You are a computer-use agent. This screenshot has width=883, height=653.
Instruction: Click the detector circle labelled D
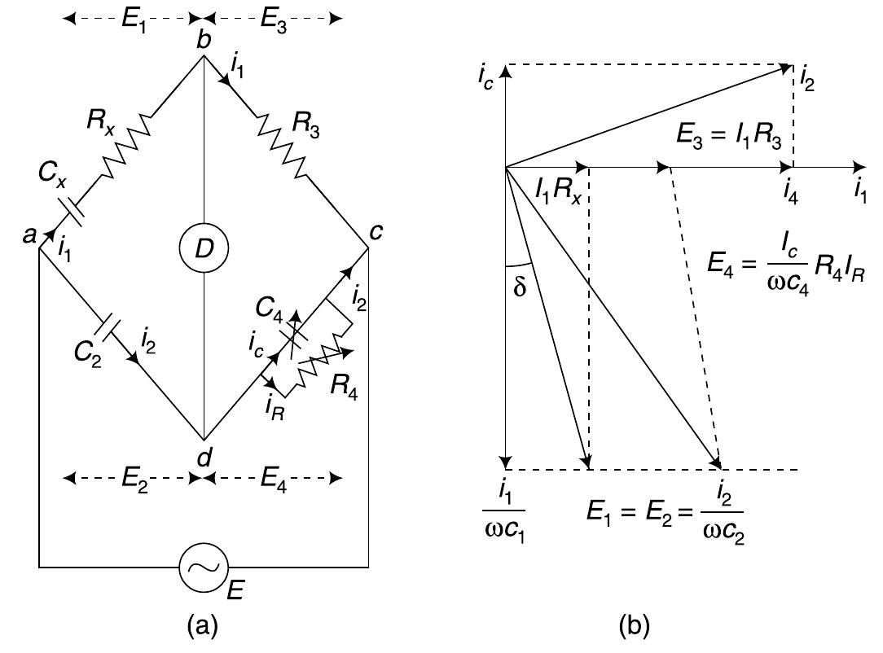click(204, 248)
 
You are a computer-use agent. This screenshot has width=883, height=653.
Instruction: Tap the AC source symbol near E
click(204, 568)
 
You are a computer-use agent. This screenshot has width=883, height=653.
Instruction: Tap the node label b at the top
click(204, 40)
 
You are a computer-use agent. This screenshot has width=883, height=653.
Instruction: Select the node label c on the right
click(376, 230)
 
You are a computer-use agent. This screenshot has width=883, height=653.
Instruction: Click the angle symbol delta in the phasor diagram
click(520, 287)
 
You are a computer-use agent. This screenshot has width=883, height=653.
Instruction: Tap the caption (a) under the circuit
click(202, 625)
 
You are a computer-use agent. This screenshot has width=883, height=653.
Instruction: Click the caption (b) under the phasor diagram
click(634, 625)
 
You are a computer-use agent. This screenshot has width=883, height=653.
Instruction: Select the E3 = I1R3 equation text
click(729, 137)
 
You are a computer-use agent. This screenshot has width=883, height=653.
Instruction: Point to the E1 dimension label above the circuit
click(134, 20)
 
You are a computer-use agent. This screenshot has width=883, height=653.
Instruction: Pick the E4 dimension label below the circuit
click(274, 480)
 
